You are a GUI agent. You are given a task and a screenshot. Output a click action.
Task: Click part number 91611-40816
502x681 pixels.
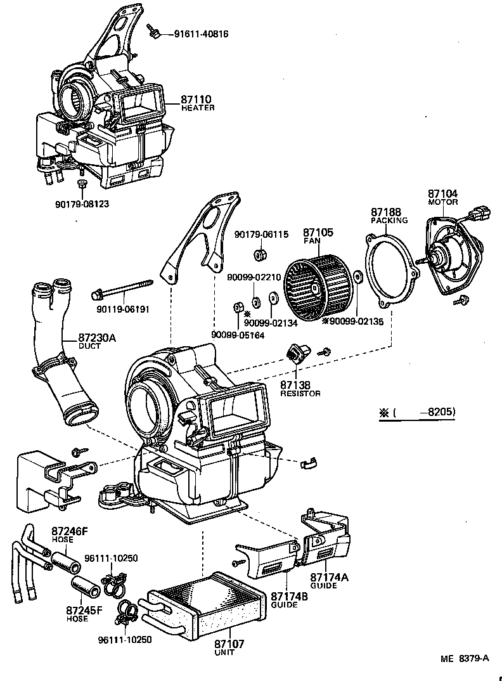[201, 34]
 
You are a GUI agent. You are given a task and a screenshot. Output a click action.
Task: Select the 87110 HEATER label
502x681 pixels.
[197, 103]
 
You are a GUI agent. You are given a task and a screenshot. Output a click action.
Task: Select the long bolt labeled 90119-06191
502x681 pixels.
[124, 292]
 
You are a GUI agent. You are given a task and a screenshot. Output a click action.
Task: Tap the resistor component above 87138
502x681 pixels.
[297, 352]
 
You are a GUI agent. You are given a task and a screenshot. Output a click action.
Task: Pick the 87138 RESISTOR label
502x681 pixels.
[300, 388]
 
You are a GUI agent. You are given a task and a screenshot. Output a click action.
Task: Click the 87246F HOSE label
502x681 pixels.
[67, 535]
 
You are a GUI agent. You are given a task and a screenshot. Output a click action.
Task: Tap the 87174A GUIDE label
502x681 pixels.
[329, 581]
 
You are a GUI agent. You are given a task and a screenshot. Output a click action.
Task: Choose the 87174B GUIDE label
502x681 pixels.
[289, 600]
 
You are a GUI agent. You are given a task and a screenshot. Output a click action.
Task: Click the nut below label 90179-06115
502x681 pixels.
[259, 256]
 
